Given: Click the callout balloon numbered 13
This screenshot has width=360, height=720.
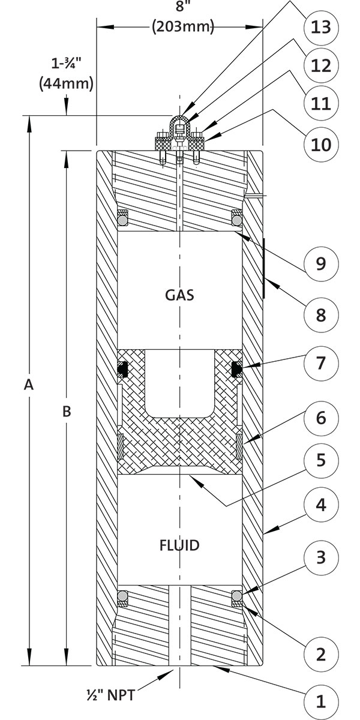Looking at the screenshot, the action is click(321, 28).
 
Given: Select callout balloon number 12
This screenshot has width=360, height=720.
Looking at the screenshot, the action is click(321, 66).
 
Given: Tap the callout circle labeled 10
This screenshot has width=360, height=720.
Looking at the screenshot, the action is click(321, 145).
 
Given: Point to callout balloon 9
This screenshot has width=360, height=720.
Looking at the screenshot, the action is click(321, 263).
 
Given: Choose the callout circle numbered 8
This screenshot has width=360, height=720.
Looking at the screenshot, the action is click(321, 315).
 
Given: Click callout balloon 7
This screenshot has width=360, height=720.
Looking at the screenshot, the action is click(321, 363).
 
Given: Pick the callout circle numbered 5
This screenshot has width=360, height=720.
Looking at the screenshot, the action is click(321, 460).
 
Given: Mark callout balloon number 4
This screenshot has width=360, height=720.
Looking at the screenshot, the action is click(321, 505).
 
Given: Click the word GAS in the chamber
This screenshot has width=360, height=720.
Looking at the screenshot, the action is click(179, 295).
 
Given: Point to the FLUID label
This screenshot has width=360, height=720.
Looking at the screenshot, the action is click(179, 545).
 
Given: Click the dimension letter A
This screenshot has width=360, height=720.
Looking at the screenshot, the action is click(29, 385).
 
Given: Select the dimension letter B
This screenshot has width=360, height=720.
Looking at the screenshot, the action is click(67, 411).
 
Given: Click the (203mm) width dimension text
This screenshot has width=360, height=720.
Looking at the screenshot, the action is click(183, 26).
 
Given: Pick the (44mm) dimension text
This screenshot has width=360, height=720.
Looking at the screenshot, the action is click(66, 83).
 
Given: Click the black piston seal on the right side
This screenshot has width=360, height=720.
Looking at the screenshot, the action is click(237, 368).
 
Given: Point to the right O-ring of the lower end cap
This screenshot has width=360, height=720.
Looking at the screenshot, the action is click(237, 596).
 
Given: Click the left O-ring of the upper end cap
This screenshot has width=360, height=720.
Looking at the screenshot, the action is click(122, 220).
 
